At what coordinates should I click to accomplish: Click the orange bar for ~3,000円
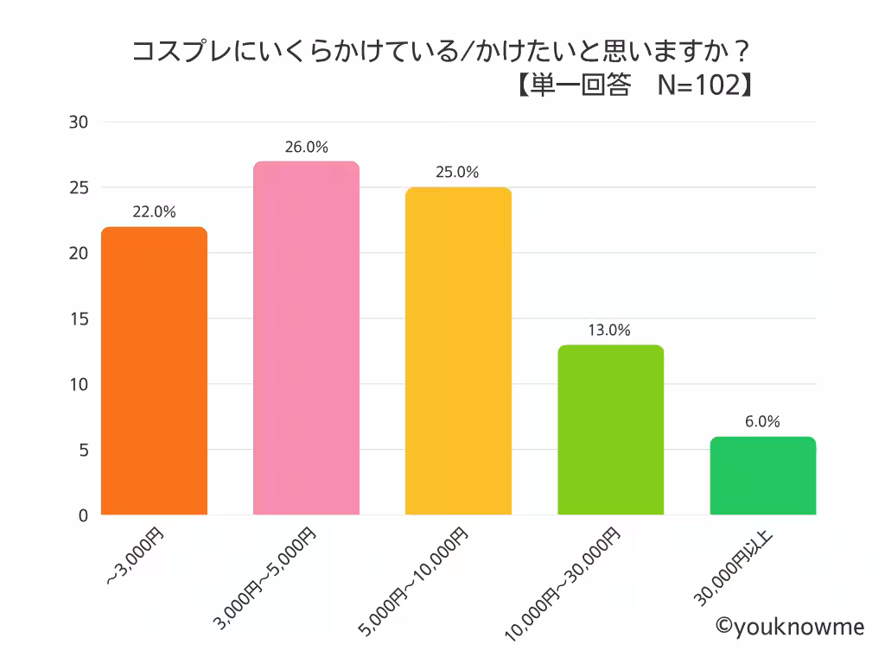point(154,371)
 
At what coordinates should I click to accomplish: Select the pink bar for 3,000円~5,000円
point(306,338)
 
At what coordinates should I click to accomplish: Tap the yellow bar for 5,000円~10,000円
point(458,351)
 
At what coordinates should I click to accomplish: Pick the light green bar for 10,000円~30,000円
point(611,430)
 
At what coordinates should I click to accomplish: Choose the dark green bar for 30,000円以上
point(763,476)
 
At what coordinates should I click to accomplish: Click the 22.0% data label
point(154,212)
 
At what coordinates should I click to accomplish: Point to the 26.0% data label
point(306,147)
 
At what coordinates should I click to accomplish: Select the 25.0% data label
point(457,172)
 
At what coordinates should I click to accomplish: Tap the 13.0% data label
point(609,330)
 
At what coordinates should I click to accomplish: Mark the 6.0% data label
point(762,421)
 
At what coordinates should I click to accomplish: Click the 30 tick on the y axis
point(79,122)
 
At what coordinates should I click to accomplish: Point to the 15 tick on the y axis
point(79,319)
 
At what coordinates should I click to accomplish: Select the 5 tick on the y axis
point(83,450)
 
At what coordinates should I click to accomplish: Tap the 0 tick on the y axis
point(83,515)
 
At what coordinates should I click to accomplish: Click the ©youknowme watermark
point(789,627)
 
